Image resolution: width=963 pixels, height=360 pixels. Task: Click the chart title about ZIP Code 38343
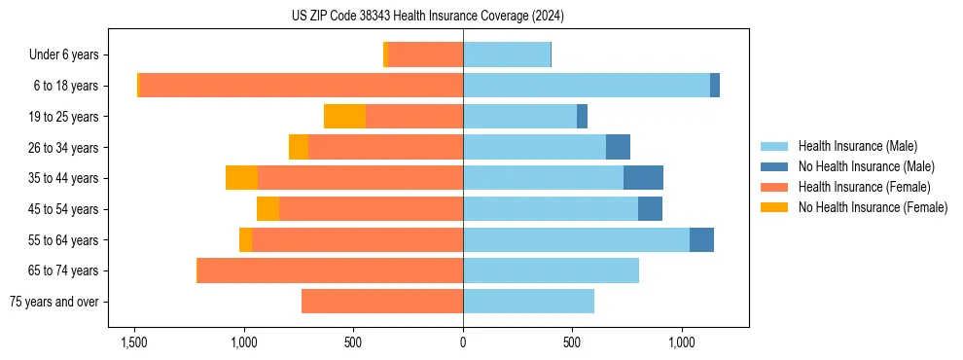pos(427,17)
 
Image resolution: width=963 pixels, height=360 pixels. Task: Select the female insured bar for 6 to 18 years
pos(787,86)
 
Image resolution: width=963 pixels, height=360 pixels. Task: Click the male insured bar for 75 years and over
pos(528,302)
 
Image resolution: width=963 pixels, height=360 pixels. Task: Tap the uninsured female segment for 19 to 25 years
pos(344,117)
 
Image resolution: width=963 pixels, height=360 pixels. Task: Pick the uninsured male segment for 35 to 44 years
pos(643,178)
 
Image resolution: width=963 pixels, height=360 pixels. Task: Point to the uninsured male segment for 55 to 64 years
pos(701,240)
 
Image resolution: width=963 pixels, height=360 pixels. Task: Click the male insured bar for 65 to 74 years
pos(551,270)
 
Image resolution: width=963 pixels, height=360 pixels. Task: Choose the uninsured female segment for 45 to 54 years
pos(267,209)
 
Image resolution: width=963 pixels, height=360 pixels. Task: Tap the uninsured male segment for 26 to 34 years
pos(618,147)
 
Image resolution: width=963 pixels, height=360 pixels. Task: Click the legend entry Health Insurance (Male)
pos(857,146)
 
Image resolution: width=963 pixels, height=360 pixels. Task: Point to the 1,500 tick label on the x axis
pos(133,342)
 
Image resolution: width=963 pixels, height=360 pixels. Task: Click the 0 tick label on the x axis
pos(463,342)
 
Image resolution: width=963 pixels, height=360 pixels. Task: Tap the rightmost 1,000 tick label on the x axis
pos(681,342)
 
